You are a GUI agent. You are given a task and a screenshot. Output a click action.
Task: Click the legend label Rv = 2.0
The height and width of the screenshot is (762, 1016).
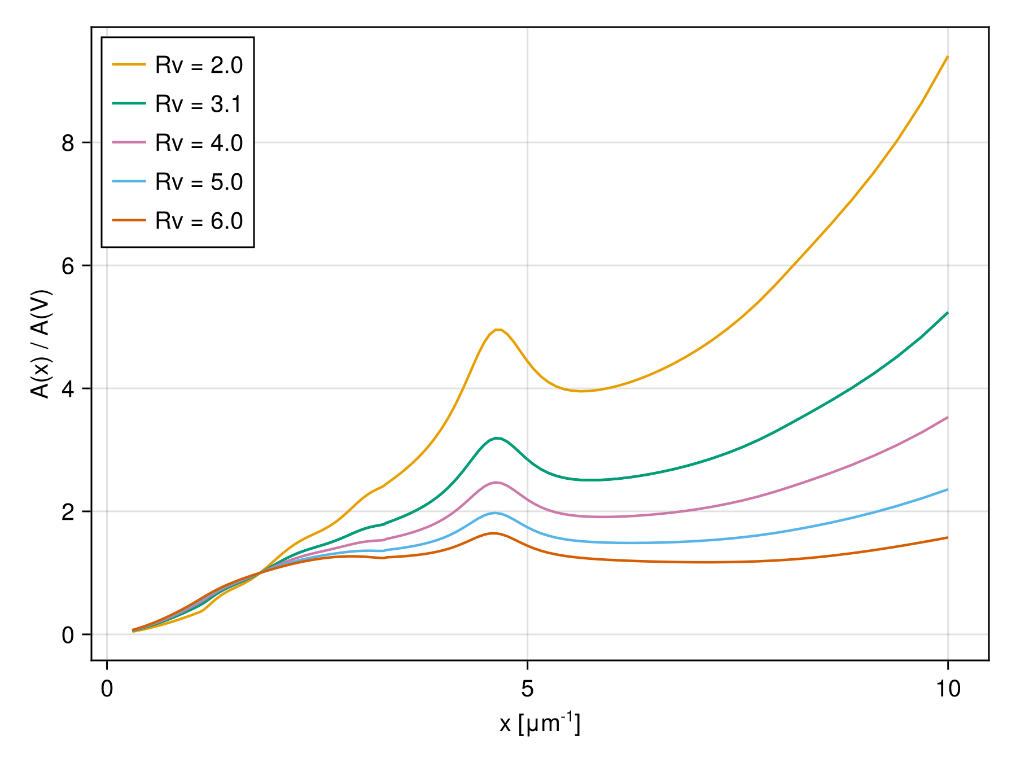pyautogui.click(x=199, y=65)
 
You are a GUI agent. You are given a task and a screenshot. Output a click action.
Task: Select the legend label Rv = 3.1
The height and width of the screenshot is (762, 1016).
pyautogui.click(x=199, y=104)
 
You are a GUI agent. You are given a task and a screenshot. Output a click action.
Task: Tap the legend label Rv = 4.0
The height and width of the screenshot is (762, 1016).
pyautogui.click(x=199, y=143)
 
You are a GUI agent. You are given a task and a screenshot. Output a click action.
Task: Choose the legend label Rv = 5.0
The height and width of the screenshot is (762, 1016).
pyautogui.click(x=199, y=182)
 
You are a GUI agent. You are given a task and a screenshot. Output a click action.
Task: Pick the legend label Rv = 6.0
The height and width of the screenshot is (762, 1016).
pyautogui.click(x=199, y=221)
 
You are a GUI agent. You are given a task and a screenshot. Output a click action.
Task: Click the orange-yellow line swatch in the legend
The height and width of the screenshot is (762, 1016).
pyautogui.click(x=129, y=65)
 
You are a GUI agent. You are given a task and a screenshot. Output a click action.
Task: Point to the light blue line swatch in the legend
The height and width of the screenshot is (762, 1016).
pyautogui.click(x=129, y=182)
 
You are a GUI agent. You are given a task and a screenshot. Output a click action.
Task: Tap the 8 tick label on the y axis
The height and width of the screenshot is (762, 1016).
pyautogui.click(x=68, y=143)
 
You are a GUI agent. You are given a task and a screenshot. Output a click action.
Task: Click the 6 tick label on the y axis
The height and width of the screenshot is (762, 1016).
pyautogui.click(x=68, y=266)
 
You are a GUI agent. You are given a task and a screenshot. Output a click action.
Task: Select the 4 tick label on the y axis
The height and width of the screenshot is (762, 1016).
pyautogui.click(x=68, y=389)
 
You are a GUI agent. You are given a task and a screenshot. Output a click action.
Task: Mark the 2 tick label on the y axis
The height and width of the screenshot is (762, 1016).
pyautogui.click(x=68, y=512)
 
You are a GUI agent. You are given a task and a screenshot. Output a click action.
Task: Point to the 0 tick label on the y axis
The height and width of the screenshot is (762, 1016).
pyautogui.click(x=68, y=635)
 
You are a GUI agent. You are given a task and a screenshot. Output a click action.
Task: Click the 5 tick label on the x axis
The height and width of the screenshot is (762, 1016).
pyautogui.click(x=527, y=689)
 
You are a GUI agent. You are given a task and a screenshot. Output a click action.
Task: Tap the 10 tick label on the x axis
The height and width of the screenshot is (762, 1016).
pyautogui.click(x=948, y=689)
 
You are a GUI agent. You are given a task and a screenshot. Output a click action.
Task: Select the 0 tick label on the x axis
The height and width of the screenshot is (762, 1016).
pyautogui.click(x=107, y=689)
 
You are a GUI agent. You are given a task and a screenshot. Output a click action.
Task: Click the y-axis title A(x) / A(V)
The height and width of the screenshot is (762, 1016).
pyautogui.click(x=41, y=344)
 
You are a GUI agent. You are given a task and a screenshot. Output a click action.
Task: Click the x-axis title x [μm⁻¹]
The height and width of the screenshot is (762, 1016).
pyautogui.click(x=540, y=723)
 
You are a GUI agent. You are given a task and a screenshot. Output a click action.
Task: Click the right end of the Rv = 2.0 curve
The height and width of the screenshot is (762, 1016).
pyautogui.click(x=947, y=57)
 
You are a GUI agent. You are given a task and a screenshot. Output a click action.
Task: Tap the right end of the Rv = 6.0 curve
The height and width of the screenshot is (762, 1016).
pyautogui.click(x=947, y=538)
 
